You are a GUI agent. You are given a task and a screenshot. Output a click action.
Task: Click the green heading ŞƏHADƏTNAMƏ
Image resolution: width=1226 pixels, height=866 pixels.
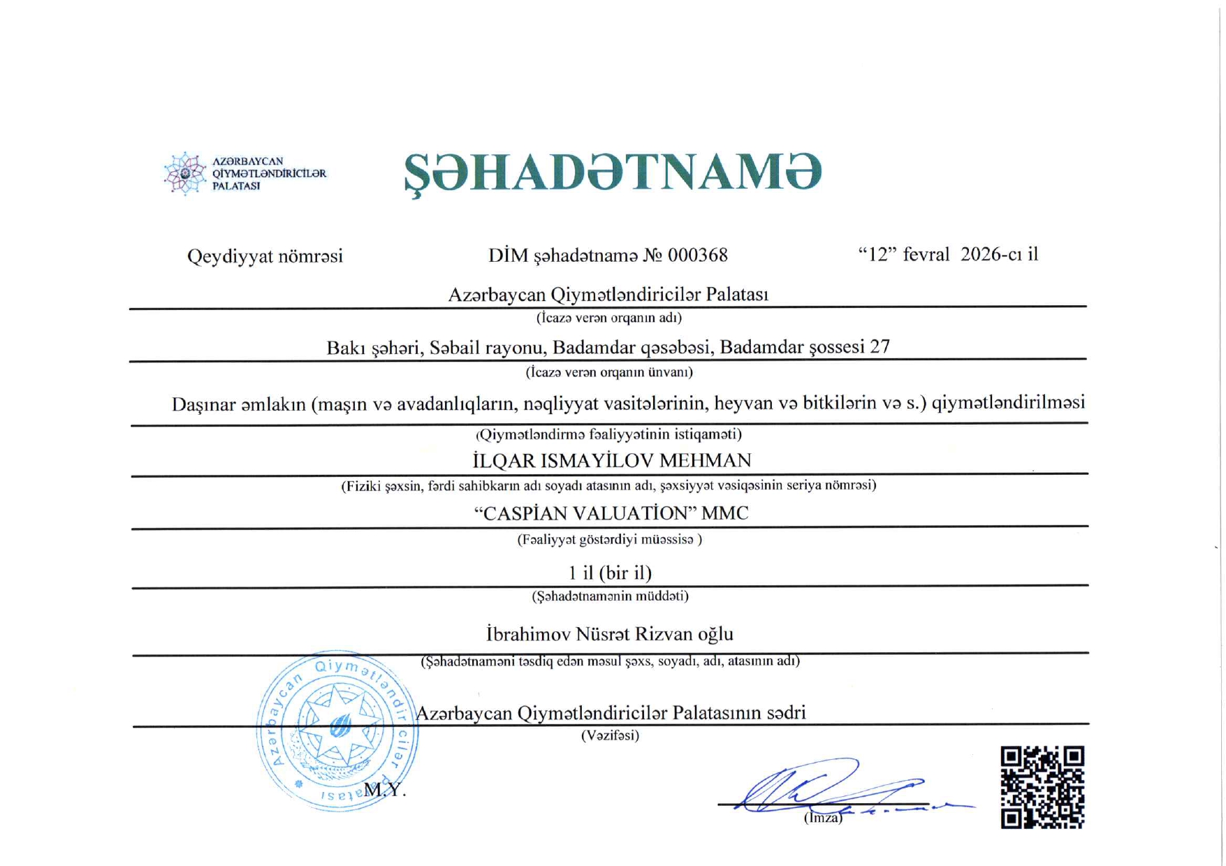612,173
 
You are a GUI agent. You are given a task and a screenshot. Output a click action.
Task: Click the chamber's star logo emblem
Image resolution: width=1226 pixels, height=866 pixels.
184,173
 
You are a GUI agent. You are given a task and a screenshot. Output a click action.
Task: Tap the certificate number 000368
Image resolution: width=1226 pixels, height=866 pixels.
697,256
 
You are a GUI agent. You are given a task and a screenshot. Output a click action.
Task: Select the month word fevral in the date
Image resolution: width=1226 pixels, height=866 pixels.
926,254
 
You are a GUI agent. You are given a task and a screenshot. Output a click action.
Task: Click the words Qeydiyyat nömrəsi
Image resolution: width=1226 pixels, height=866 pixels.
265,256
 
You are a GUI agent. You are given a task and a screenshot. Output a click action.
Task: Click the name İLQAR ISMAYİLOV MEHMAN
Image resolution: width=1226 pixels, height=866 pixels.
612,461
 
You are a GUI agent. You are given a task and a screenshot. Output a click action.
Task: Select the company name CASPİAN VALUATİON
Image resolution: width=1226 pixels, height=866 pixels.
585,514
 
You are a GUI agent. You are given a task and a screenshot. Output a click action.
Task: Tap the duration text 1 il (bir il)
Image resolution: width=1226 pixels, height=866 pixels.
610,573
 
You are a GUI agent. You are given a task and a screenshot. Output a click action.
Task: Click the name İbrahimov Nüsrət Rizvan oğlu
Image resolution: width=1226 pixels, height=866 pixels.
609,634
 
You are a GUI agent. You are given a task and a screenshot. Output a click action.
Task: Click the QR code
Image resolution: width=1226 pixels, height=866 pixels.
1042,787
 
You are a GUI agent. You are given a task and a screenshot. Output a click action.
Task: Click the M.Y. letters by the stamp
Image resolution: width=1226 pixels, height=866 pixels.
384,790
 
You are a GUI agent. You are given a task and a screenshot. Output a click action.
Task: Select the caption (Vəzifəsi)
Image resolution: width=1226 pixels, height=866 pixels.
610,735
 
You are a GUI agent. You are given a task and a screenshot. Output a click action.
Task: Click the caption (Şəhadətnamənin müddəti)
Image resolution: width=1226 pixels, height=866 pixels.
610,596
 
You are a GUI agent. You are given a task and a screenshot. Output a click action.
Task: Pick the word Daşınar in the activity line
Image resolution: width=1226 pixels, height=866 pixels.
203,405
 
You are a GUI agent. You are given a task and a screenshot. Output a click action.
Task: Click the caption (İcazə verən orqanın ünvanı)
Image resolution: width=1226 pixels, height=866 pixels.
609,372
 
